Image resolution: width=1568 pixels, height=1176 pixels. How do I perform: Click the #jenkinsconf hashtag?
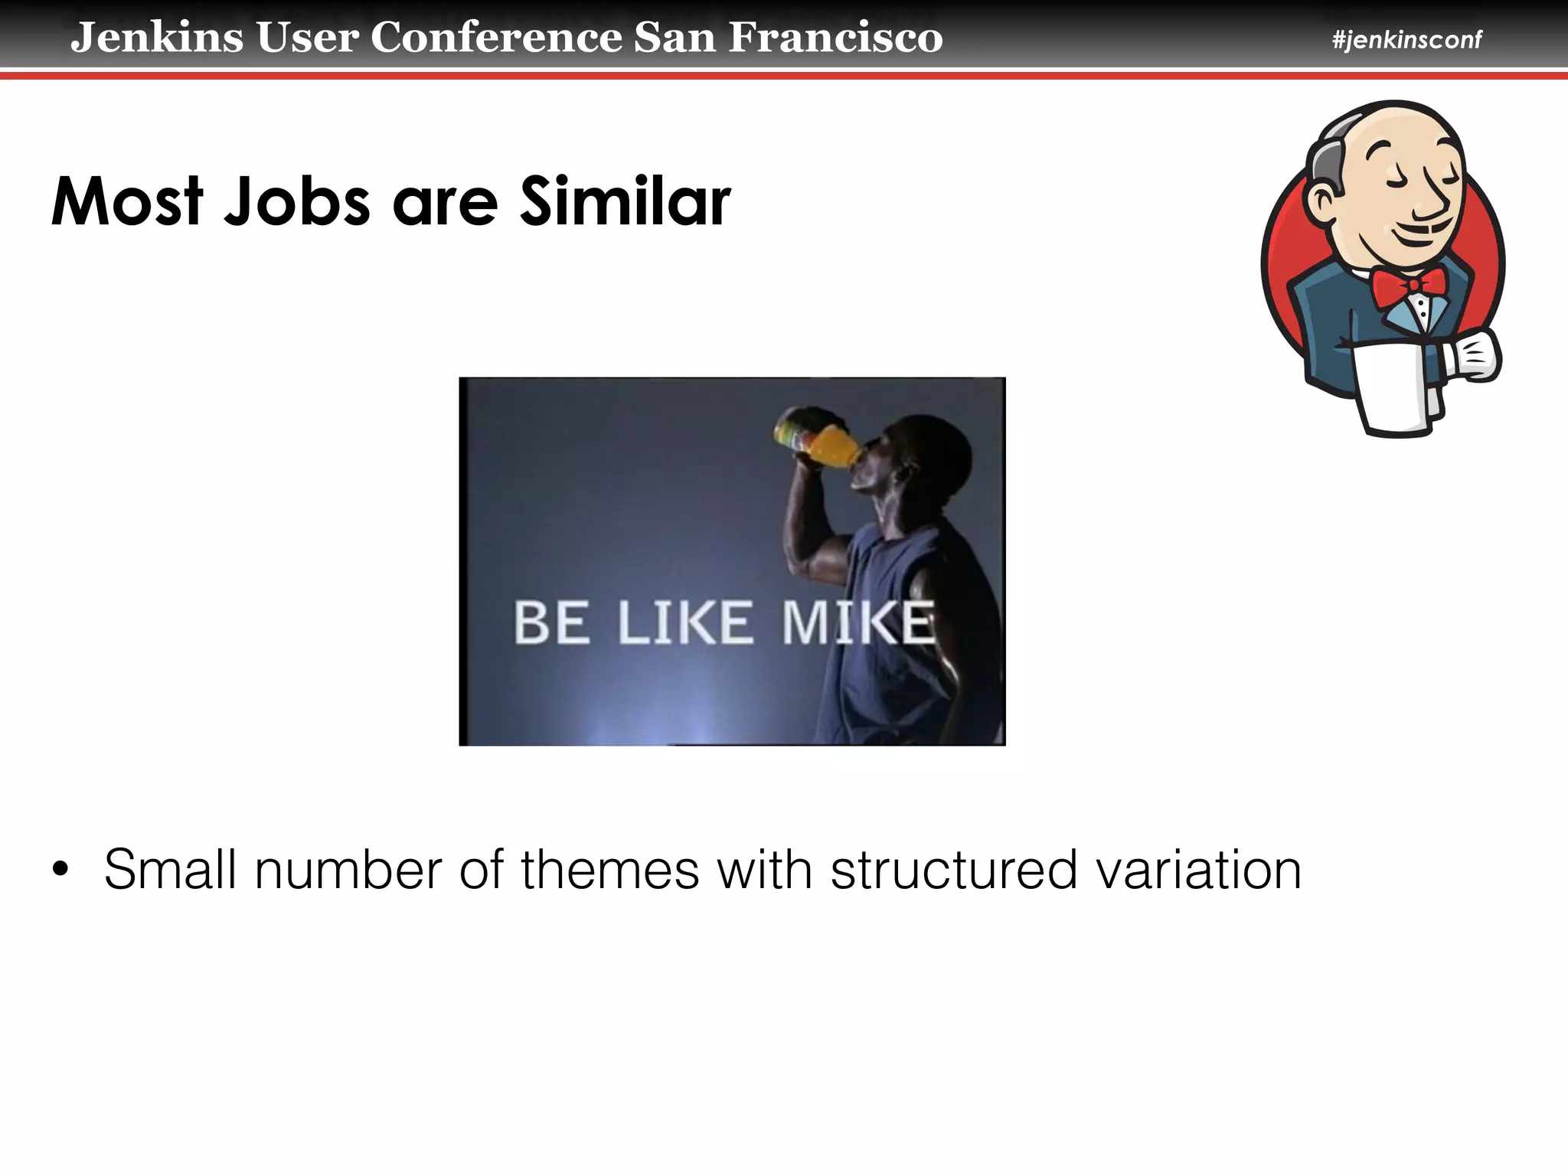point(1406,40)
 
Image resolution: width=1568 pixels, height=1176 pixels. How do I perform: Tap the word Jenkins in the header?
point(157,38)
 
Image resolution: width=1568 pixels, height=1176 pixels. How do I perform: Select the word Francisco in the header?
point(835,38)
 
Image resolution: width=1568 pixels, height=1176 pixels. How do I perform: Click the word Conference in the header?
point(496,38)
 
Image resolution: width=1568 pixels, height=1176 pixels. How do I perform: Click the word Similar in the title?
point(625,202)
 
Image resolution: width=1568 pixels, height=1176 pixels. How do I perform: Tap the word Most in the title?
point(127,202)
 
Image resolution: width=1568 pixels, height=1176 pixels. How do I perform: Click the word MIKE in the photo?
point(858,622)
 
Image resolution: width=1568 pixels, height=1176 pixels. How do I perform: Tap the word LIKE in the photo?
point(684,622)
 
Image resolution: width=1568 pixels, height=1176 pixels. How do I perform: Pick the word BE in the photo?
point(551,622)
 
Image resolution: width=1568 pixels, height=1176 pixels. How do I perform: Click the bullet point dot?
point(60,870)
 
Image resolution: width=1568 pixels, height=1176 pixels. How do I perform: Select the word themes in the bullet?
point(609,870)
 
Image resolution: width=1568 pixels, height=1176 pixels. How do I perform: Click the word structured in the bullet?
point(953,870)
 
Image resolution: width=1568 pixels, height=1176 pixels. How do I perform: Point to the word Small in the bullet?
point(170,870)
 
